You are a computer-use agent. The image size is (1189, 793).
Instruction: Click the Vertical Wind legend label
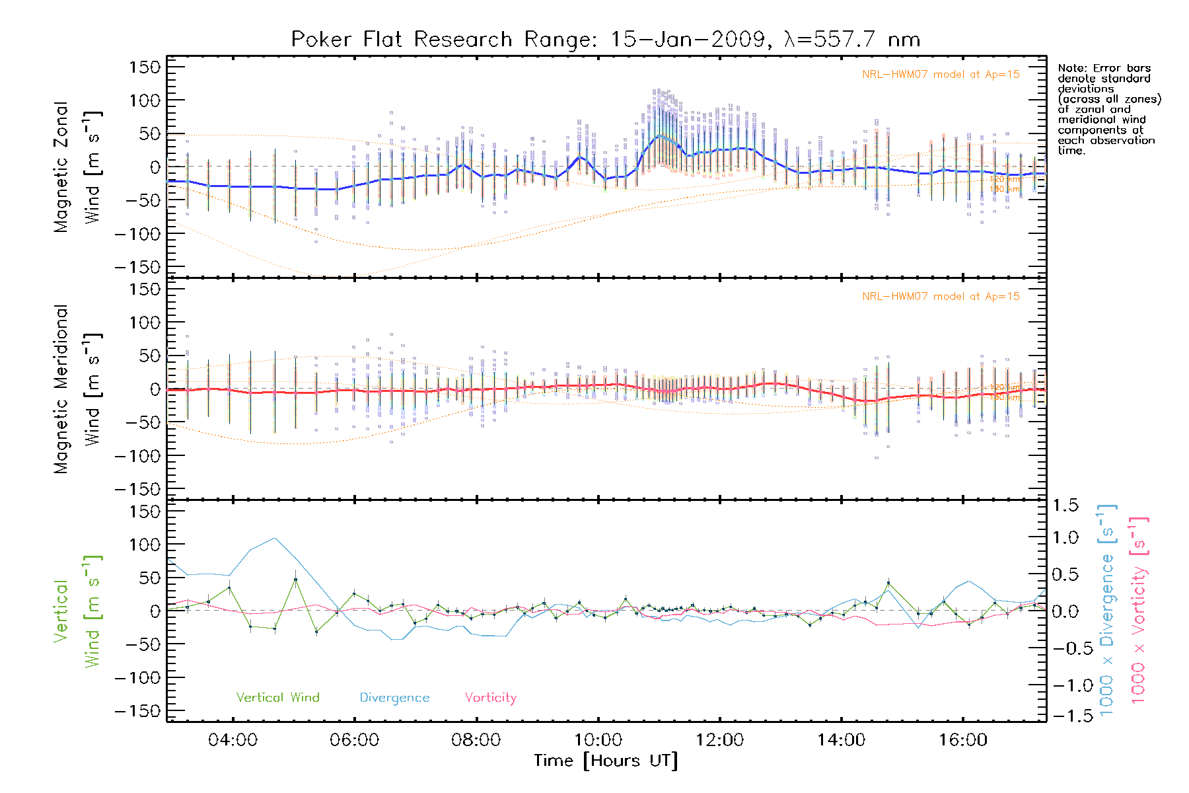(x=277, y=698)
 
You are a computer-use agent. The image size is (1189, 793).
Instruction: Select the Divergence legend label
(x=394, y=698)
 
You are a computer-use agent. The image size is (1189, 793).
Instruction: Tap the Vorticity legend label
(x=490, y=698)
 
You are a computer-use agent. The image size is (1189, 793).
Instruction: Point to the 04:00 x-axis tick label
(x=233, y=740)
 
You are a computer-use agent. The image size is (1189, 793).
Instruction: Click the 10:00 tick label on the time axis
(x=598, y=740)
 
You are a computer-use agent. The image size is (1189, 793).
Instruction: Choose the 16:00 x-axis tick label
(x=963, y=740)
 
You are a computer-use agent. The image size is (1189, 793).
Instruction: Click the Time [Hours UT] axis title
(x=606, y=761)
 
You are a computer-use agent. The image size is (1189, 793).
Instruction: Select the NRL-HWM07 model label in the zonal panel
(x=941, y=75)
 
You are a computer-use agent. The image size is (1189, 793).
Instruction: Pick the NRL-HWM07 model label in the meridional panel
(x=941, y=297)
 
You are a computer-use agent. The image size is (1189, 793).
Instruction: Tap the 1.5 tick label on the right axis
(x=1065, y=506)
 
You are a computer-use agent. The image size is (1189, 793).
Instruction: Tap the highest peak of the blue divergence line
(x=275, y=538)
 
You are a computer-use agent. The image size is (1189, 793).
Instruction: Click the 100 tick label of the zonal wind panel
(x=145, y=100)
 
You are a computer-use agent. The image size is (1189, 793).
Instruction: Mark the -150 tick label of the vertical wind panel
(x=137, y=712)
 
